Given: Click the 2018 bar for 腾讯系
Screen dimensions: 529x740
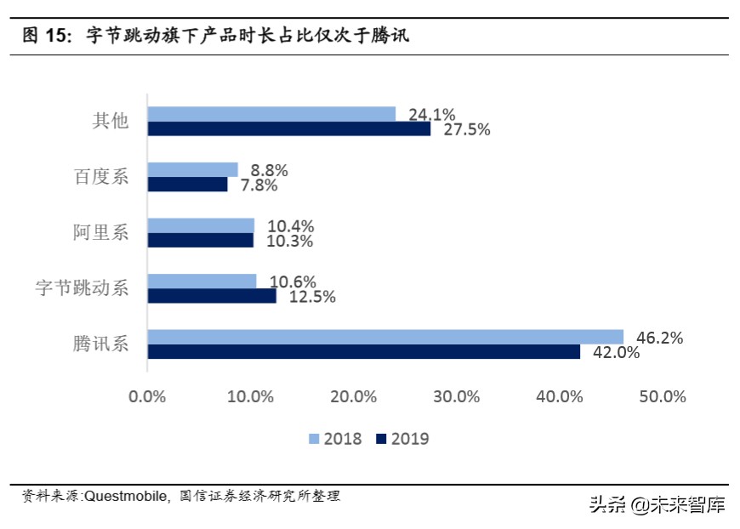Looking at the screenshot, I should coord(384,337).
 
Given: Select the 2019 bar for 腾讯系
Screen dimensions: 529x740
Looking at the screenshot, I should coord(363,351).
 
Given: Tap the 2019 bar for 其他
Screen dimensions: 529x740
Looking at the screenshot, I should coord(288,129).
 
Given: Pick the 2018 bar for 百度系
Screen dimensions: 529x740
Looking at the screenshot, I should coord(192,170).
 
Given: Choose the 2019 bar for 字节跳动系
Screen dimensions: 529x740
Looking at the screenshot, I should coord(212,296).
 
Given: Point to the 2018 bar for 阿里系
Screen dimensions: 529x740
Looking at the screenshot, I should coord(201,225).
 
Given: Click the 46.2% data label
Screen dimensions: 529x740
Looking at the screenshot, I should coord(660,338).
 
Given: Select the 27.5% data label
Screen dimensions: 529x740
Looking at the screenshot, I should coord(467,129).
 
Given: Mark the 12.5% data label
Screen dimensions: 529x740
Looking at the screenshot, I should coord(312,296).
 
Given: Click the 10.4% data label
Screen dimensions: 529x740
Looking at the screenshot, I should coord(291,225).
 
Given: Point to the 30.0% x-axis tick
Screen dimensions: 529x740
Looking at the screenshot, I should coord(457,396).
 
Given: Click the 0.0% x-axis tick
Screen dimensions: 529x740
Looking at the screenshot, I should coord(147,396).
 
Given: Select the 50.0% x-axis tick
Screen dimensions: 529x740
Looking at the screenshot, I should coord(663,396).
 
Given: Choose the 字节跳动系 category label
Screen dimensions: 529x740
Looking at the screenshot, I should coord(82,287).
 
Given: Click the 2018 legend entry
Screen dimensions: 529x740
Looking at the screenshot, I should coord(335,439).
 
